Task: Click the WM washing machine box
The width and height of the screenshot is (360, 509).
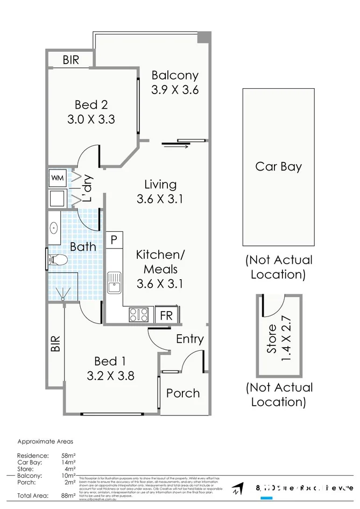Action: point(57,177)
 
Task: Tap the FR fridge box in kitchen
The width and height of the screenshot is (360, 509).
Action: point(166,315)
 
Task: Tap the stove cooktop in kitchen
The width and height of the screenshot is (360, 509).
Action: point(139,315)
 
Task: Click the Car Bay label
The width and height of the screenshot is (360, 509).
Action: point(278,166)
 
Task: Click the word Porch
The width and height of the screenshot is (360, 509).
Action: point(183,393)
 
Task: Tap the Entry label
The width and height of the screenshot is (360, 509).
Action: point(190,338)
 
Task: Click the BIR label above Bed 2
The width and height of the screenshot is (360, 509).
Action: point(70,60)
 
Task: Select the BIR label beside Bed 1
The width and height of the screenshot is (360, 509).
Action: point(55,344)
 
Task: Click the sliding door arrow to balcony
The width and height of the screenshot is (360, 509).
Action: point(175,144)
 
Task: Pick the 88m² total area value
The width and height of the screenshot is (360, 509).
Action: point(68,496)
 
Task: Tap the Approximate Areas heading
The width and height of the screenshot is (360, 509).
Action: point(45,441)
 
